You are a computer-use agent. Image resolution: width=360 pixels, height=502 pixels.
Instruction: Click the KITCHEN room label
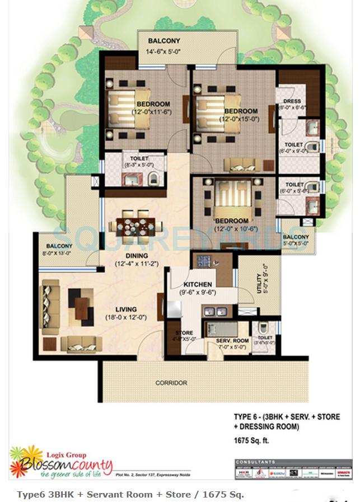196,284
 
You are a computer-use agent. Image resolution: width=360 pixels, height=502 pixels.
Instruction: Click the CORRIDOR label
171,383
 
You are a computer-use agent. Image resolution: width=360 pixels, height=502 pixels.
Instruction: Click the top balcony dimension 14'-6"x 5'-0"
164,51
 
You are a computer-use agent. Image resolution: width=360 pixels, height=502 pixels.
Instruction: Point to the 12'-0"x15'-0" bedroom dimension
240,119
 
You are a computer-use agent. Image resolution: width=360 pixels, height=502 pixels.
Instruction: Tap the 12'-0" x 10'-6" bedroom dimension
231,229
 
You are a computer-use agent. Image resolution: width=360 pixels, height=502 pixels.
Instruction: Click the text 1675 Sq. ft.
251,440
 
